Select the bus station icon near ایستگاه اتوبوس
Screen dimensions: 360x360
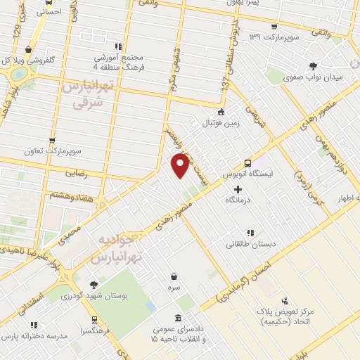[247, 161]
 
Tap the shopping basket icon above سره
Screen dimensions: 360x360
[174, 276]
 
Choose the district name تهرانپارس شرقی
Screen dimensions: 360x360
[86, 94]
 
